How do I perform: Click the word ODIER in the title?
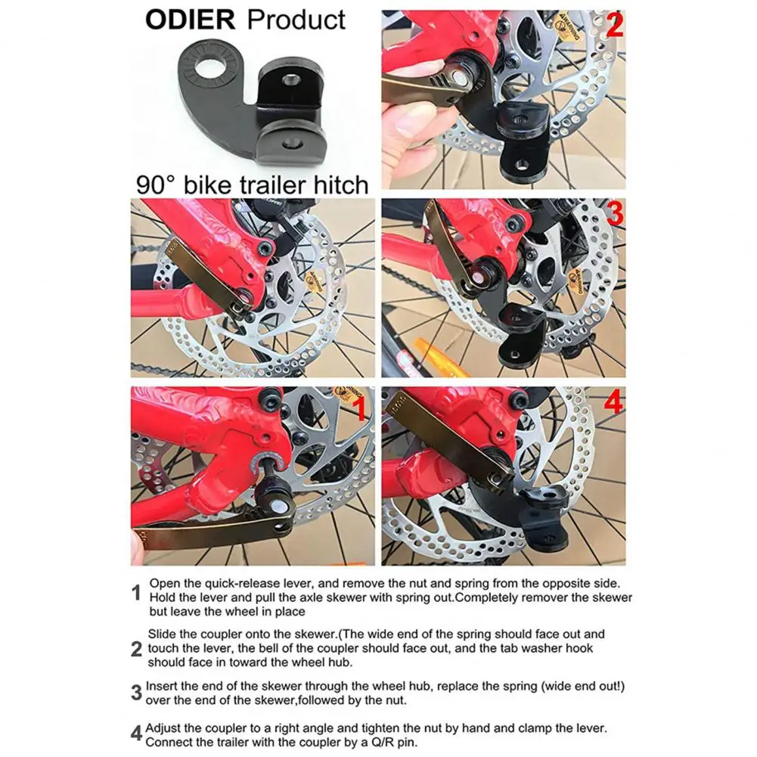191,20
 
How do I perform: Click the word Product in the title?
296,20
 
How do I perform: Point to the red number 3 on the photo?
615,213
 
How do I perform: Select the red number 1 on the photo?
360,408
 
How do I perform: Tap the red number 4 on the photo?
613,402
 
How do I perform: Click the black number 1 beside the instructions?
136,594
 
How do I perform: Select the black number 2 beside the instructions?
137,650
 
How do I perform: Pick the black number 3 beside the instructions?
137,693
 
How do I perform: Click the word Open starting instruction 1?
164,584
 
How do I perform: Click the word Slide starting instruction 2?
163,634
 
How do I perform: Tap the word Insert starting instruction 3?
162,686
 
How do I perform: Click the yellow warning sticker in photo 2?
567,29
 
